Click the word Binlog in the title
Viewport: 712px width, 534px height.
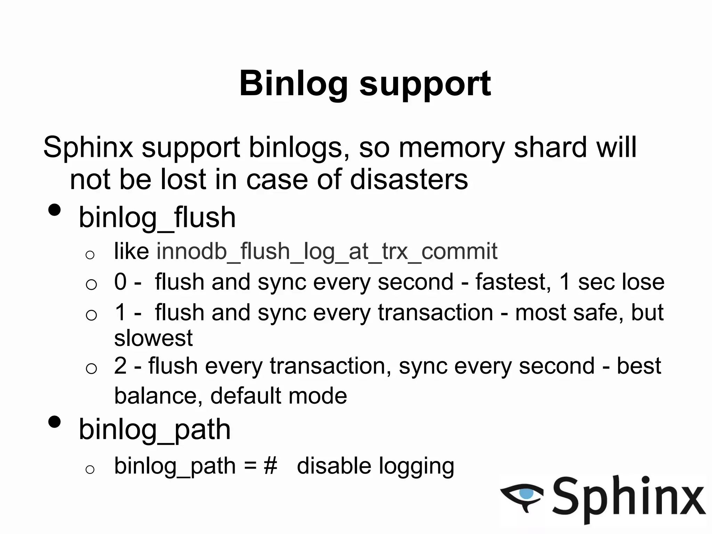pyautogui.click(x=293, y=84)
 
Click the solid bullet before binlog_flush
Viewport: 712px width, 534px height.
pyautogui.click(x=55, y=210)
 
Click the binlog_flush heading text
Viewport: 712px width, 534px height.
pyautogui.click(x=157, y=218)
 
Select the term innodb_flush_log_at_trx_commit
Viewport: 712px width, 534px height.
pyautogui.click(x=327, y=251)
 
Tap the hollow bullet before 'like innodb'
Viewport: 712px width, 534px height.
pyautogui.click(x=90, y=255)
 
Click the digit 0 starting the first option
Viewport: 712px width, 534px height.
pyautogui.click(x=120, y=282)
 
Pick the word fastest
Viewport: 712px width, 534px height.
pyautogui.click(x=512, y=282)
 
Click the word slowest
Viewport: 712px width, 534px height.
pyautogui.click(x=153, y=338)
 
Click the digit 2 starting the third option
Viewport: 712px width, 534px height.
pyautogui.click(x=120, y=366)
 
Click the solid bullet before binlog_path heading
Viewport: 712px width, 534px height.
pyautogui.click(x=55, y=422)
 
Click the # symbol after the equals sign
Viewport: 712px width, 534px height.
pyautogui.click(x=270, y=466)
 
